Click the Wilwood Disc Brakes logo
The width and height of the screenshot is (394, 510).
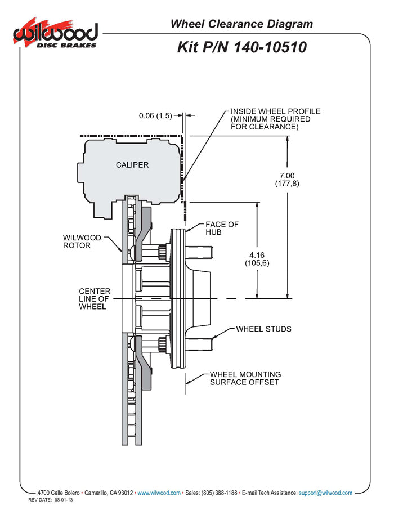click(x=55, y=34)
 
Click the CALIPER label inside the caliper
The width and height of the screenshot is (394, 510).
click(x=132, y=164)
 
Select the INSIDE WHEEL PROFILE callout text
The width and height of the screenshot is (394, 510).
click(x=275, y=119)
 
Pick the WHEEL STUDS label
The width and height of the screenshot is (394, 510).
click(x=263, y=329)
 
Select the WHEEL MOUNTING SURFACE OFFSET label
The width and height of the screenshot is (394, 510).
click(x=245, y=378)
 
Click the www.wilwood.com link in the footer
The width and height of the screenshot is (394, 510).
click(x=159, y=493)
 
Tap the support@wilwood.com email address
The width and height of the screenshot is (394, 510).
click(x=326, y=493)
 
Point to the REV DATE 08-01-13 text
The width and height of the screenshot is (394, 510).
click(x=52, y=500)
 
